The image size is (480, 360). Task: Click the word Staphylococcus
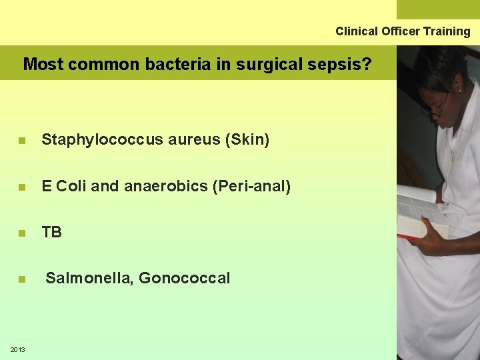point(91,140)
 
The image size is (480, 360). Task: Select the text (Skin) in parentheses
point(247,140)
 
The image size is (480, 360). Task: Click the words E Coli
point(64,187)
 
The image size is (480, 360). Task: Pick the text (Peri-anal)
point(251,187)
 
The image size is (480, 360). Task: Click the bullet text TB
point(51,233)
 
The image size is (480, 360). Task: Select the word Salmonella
point(89,279)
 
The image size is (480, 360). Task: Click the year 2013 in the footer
point(18,350)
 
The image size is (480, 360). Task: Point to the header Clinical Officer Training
point(403,31)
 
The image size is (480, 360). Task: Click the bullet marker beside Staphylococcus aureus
point(22,141)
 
